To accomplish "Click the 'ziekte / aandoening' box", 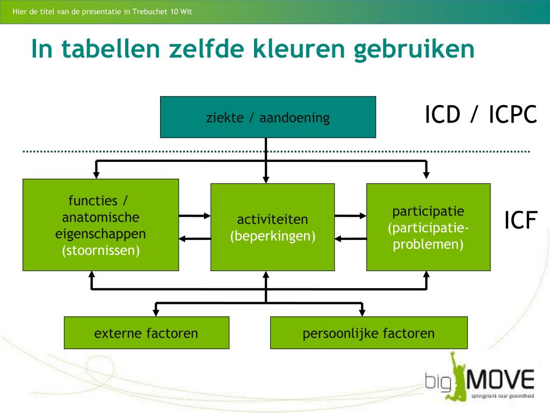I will click(267, 117).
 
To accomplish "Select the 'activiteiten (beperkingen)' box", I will click(272, 227).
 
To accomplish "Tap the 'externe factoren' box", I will click(146, 333).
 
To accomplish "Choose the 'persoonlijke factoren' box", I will click(368, 333).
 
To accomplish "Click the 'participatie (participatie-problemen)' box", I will click(428, 227).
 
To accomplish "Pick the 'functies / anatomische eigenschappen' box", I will click(100, 225).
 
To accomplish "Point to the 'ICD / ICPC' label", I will click(481, 115).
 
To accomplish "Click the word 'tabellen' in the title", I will click(111, 49).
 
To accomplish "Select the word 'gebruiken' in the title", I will click(414, 49).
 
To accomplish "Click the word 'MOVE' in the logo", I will click(502, 380).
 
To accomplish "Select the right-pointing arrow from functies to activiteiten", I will click(194, 216).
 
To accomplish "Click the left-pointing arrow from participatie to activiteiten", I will click(350, 238).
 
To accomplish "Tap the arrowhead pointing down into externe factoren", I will click(156, 311).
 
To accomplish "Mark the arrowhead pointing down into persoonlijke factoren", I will click(363, 311).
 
